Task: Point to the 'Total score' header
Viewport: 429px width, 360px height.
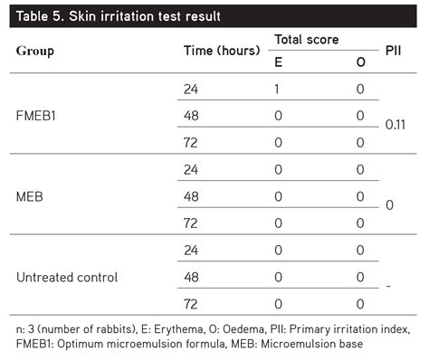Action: coord(306,41)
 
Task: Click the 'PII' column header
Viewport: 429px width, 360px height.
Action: coord(394,51)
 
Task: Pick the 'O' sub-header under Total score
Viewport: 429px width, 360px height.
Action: coord(359,62)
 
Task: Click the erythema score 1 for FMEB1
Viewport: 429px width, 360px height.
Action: coord(279,90)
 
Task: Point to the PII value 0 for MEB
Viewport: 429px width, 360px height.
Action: coord(389,206)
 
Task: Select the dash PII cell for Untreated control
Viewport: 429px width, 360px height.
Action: coord(389,286)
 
